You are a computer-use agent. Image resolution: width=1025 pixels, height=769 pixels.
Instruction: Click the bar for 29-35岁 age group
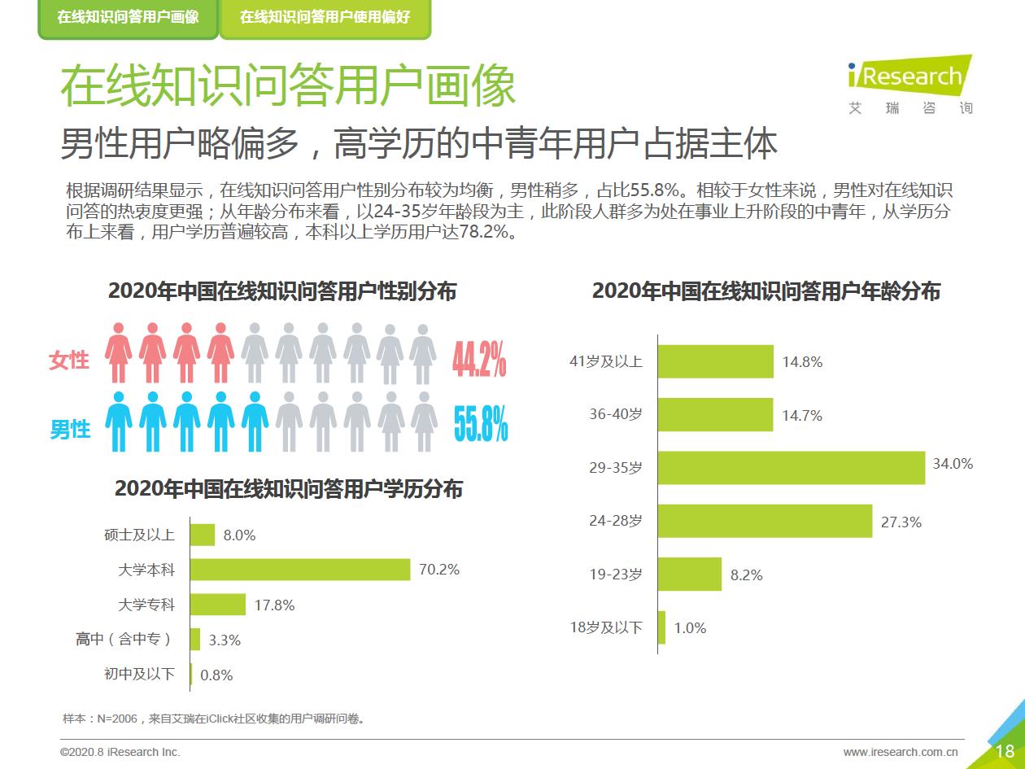(x=791, y=468)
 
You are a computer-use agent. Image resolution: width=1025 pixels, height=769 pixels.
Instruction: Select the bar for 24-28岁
(x=765, y=521)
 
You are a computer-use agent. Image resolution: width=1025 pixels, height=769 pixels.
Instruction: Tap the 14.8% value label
(x=802, y=362)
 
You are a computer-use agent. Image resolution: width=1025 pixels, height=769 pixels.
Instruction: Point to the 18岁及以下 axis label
(x=605, y=627)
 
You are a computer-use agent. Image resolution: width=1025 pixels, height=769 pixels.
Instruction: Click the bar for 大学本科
(x=300, y=570)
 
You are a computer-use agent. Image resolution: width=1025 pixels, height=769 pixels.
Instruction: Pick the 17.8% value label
(x=274, y=605)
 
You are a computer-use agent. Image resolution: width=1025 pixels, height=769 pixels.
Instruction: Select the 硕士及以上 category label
(x=139, y=535)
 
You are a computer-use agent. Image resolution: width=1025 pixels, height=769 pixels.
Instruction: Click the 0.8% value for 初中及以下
(x=216, y=675)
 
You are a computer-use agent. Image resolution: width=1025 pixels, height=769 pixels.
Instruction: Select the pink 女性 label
(x=69, y=360)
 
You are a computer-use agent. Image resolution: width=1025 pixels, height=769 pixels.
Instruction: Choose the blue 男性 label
(x=70, y=429)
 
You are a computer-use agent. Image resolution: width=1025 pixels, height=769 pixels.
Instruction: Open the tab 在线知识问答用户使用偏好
(x=325, y=17)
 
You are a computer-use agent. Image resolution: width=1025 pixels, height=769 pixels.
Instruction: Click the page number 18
(x=1005, y=751)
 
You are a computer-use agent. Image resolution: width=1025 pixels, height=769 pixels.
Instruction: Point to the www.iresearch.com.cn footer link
(x=900, y=752)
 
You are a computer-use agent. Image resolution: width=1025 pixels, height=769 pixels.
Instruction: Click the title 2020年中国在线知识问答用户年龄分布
(x=765, y=291)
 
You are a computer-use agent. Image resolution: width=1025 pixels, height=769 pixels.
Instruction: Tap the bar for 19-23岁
(x=689, y=574)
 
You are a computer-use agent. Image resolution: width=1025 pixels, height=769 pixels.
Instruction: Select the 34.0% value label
(x=953, y=464)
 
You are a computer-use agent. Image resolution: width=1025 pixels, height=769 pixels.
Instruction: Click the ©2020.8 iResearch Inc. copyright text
(x=120, y=752)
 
